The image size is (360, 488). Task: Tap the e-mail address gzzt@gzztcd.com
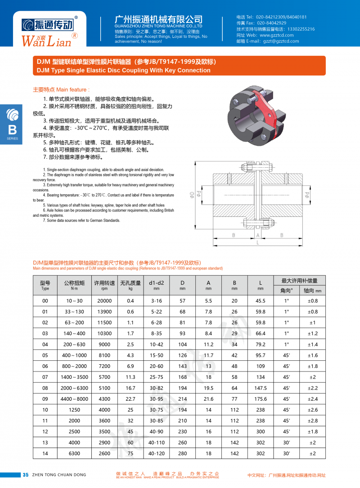(281, 41)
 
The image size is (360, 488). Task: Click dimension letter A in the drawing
(258, 235)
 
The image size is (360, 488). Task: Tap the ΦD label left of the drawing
(192, 195)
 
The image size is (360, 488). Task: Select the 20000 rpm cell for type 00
(104, 301)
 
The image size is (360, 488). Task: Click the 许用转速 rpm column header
(104, 285)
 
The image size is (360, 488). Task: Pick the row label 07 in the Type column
(45, 377)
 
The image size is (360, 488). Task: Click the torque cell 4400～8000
(74, 398)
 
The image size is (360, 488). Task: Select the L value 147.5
(261, 388)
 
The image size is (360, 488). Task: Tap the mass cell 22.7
(130, 398)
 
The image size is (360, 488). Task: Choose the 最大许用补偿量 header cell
(299, 280)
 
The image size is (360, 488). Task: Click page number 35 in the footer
(26, 475)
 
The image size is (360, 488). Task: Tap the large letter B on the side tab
(13, 130)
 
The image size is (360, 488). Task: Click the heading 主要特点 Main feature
(62, 90)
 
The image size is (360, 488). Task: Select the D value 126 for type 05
(182, 355)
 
